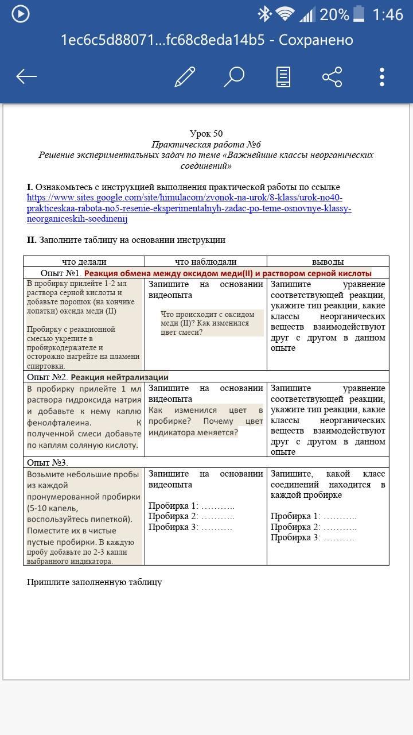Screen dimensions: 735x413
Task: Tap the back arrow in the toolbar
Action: click(26, 76)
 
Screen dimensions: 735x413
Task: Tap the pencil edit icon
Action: click(185, 76)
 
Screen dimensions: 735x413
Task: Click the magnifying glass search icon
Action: click(234, 76)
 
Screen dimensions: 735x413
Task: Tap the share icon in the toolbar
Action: click(332, 76)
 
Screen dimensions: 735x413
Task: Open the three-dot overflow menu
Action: click(382, 76)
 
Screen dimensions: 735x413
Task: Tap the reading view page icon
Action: click(283, 76)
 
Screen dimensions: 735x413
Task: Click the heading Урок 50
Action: click(206, 134)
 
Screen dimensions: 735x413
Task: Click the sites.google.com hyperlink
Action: click(189, 208)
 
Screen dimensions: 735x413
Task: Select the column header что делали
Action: click(84, 262)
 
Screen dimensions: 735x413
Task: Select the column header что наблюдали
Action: click(205, 262)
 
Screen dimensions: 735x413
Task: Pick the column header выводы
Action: click(328, 262)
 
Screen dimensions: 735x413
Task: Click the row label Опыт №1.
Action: click(61, 273)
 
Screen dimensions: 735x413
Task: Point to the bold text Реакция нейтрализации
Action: click(119, 377)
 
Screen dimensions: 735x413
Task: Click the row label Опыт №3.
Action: click(48, 462)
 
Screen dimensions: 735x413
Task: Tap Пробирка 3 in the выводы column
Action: click(295, 537)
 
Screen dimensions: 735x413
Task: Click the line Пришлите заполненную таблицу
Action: click(94, 582)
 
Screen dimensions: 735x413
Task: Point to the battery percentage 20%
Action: click(334, 14)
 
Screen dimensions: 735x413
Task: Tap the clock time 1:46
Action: click(387, 14)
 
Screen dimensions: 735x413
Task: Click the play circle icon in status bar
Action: click(21, 14)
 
